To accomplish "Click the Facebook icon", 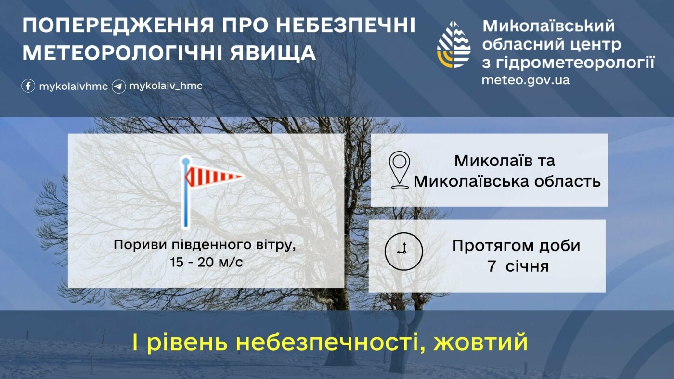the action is (28, 86).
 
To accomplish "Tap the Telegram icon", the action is (118, 87).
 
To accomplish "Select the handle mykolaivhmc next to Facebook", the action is (73, 87).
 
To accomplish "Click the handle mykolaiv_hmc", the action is (166, 86).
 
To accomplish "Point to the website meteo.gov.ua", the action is (525, 80).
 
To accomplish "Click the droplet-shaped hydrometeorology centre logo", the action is (454, 44).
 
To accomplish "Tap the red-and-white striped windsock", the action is (214, 176).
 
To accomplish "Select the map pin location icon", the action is (399, 170).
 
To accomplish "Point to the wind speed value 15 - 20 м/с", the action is (207, 263).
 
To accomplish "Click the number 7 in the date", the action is (492, 266).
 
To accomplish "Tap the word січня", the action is (527, 266).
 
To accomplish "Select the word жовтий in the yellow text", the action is (480, 342).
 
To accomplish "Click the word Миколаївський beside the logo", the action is (549, 26).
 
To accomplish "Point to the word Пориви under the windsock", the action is (140, 245).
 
